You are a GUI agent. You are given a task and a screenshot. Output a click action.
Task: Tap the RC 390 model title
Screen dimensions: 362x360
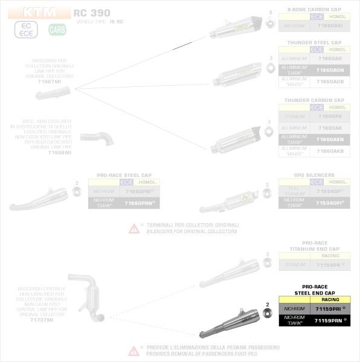(92, 13)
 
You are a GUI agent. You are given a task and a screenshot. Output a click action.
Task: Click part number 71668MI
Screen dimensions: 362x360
(59, 153)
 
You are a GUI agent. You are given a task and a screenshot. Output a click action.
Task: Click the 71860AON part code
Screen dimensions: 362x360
(330, 69)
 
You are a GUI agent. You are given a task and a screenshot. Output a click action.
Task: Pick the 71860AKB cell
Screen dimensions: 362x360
(330, 150)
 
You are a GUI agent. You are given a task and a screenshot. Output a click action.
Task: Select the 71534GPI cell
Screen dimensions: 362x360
(330, 202)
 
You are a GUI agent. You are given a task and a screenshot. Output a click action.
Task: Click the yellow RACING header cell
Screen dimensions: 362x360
(330, 299)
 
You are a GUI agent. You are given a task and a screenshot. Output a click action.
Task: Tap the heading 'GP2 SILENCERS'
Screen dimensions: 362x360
(313, 175)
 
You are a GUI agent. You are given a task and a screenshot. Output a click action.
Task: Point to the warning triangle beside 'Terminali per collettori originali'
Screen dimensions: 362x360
(134, 229)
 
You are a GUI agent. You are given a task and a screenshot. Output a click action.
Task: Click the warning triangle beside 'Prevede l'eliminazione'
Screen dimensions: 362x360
(134, 351)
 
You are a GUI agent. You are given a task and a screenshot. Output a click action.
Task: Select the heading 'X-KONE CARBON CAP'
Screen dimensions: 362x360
(313, 10)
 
